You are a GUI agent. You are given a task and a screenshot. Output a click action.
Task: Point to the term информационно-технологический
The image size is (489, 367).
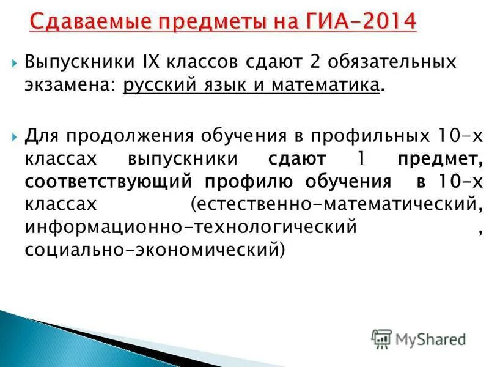click(190, 228)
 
